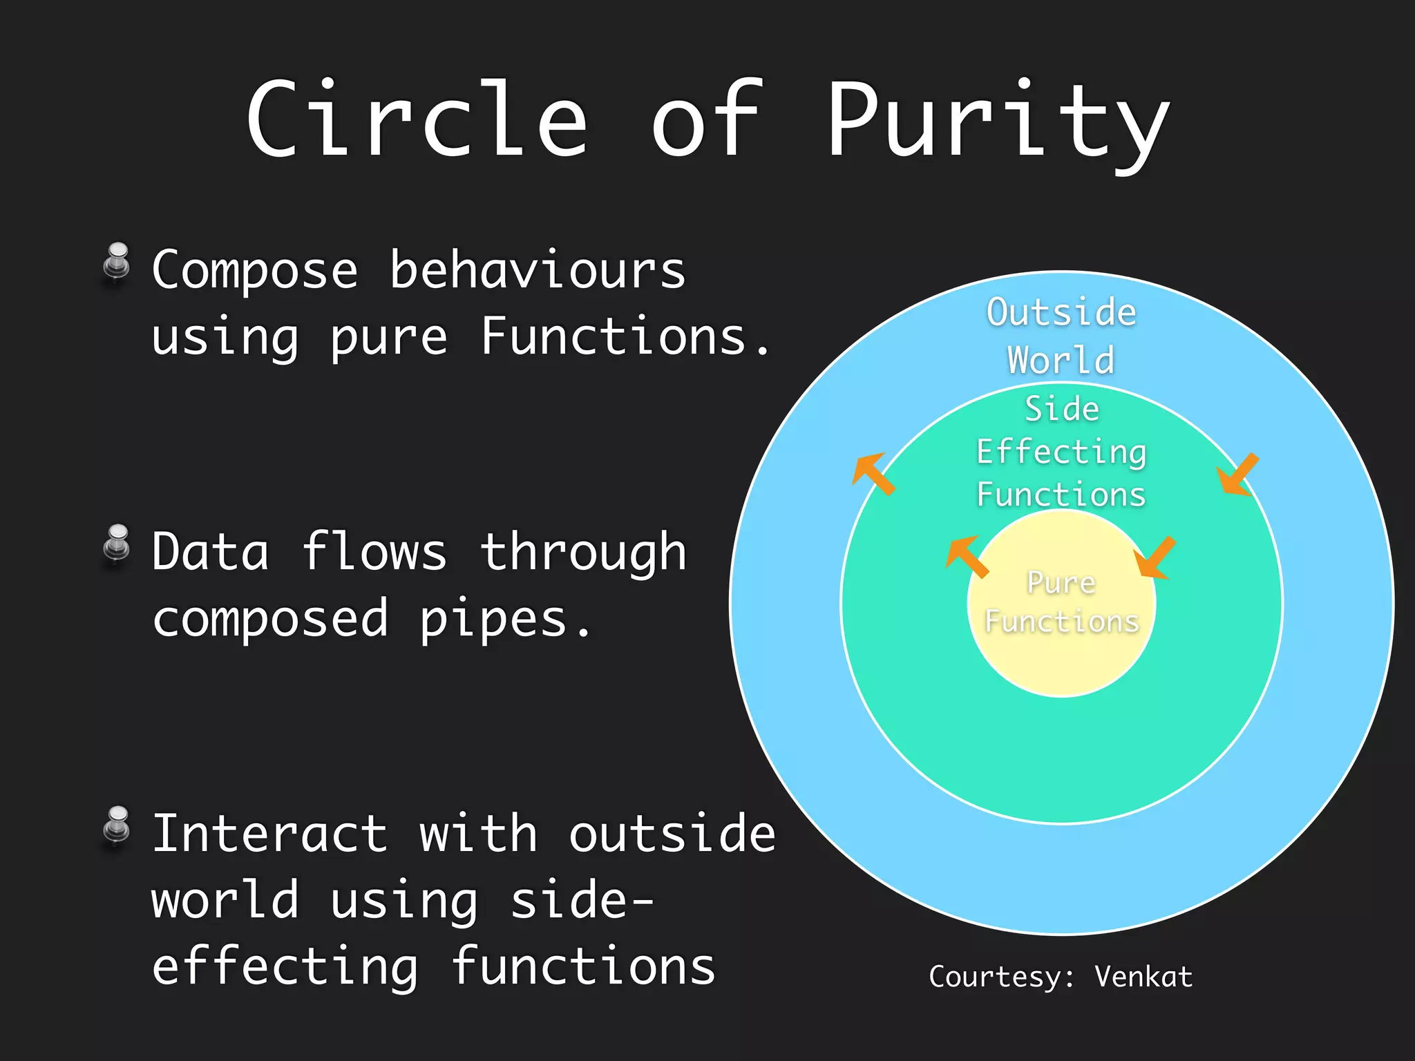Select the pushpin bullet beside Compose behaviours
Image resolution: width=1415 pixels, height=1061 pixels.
tap(117, 263)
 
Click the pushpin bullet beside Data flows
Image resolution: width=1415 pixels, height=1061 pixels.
tap(117, 546)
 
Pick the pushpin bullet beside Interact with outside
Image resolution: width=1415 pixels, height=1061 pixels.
tap(117, 827)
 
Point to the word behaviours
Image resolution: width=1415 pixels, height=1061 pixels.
tap(538, 270)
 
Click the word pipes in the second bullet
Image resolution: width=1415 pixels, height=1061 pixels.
tap(493, 620)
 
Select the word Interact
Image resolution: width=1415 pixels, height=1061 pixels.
tap(269, 834)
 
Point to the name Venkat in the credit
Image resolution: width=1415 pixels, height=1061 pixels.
tap(1143, 977)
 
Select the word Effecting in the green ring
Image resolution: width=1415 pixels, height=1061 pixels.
tap(1061, 453)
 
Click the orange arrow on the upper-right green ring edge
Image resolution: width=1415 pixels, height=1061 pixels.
tap(1237, 475)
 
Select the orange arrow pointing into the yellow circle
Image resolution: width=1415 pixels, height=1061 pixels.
tap(1155, 557)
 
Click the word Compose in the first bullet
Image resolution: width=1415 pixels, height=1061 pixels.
tap(255, 271)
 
